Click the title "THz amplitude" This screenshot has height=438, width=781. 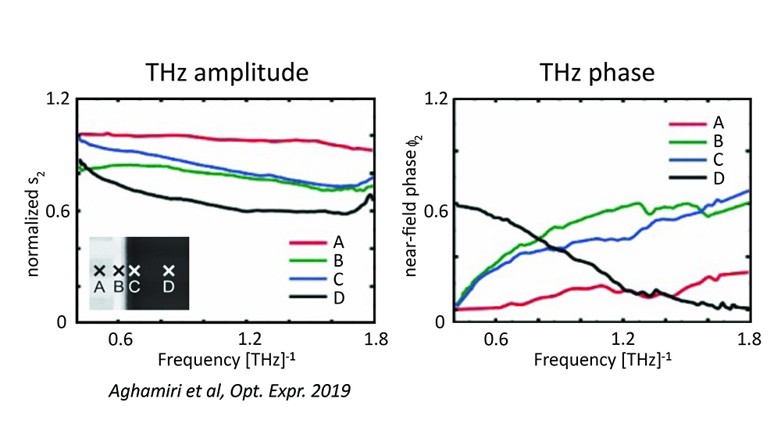pos(227,72)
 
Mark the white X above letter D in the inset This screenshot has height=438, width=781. pos(169,271)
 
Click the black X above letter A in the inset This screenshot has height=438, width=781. pos(99,271)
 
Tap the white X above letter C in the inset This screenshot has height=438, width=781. pos(134,271)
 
